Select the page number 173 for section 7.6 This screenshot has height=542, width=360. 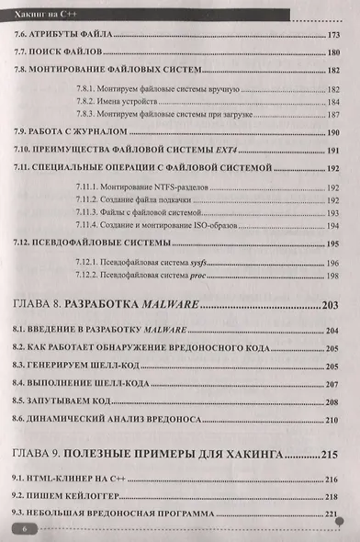[333, 35]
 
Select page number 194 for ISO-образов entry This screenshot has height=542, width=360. [333, 225]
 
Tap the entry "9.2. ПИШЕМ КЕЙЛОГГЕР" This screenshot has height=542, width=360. [61, 496]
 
